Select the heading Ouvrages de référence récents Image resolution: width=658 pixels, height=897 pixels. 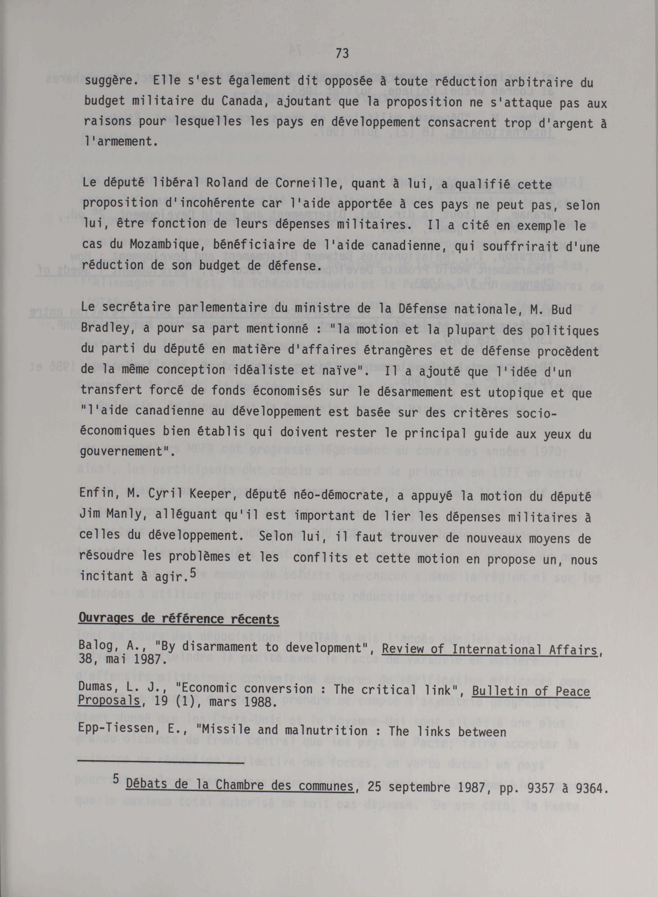[178, 619]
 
